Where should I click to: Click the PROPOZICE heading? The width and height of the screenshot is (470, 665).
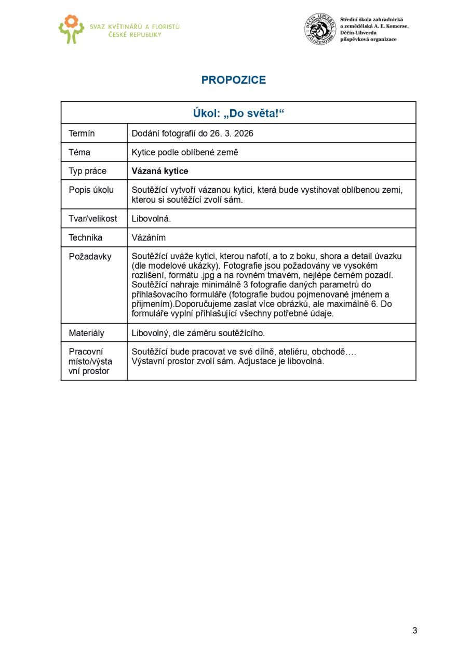pyautogui.click(x=234, y=80)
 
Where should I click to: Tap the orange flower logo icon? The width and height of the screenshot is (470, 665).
pyautogui.click(x=71, y=29)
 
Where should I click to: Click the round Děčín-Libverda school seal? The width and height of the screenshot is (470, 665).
pyautogui.click(x=320, y=29)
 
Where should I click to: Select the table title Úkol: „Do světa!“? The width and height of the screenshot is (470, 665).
pyautogui.click(x=238, y=113)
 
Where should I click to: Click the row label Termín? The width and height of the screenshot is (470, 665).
pyautogui.click(x=82, y=134)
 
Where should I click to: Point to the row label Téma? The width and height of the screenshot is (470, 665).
pyautogui.click(x=79, y=152)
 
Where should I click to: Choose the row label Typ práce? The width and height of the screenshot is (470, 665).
pyautogui.click(x=87, y=171)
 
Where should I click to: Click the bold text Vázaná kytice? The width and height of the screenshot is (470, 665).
pyautogui.click(x=160, y=171)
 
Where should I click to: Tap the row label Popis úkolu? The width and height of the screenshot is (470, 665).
pyautogui.click(x=91, y=190)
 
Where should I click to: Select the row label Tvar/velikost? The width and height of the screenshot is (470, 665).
pyautogui.click(x=92, y=219)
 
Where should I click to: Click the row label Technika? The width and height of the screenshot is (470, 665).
pyautogui.click(x=85, y=237)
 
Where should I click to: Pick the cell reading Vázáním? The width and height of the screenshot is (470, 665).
pyautogui.click(x=149, y=237)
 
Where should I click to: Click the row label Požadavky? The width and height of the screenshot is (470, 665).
pyautogui.click(x=90, y=256)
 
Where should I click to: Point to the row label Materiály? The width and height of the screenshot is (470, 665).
pyautogui.click(x=86, y=333)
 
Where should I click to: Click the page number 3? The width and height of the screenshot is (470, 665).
pyautogui.click(x=414, y=631)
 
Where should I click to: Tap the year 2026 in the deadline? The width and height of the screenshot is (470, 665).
pyautogui.click(x=244, y=134)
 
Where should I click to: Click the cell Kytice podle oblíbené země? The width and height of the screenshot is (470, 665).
pyautogui.click(x=185, y=152)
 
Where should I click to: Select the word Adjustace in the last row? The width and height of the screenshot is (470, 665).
pyautogui.click(x=256, y=361)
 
